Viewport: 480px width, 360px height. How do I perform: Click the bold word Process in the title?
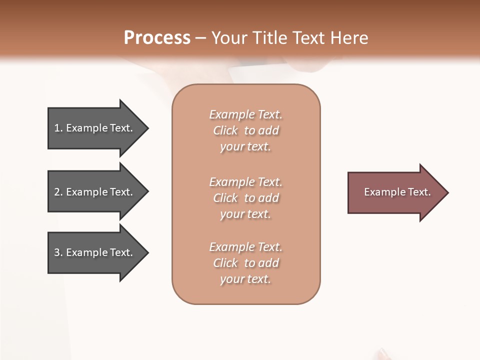point(157,37)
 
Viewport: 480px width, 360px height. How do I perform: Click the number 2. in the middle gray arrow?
point(58,192)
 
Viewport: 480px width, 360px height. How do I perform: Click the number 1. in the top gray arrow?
point(58,128)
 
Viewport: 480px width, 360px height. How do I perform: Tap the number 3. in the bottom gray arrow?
point(58,252)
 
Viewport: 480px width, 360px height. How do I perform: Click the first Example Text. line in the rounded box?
point(246,114)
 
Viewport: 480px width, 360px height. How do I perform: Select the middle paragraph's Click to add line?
point(246,198)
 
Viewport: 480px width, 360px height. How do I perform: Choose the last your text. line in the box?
point(246,279)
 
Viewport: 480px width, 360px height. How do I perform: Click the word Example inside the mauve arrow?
point(380,192)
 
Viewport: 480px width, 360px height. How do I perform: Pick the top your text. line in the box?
point(246,146)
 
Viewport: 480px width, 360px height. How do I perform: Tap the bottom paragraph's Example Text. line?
point(246,247)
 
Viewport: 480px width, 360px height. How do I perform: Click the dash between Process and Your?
point(200,38)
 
